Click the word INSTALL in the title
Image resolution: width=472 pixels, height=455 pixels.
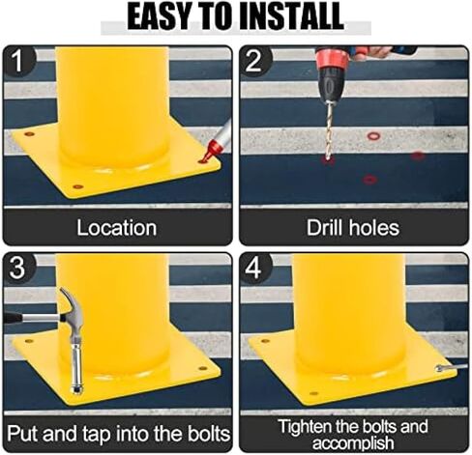(289, 15)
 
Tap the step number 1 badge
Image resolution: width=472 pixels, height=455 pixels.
(18, 61)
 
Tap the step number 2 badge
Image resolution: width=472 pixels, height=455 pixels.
(254, 61)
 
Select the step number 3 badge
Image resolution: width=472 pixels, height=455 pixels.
(18, 268)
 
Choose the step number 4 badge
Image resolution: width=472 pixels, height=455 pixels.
(254, 268)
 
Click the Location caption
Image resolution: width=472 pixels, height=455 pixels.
(117, 228)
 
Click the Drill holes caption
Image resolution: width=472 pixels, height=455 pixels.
(352, 228)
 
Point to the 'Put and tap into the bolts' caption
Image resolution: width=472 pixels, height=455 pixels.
(117, 430)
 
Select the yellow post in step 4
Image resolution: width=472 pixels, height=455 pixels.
(348, 309)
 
